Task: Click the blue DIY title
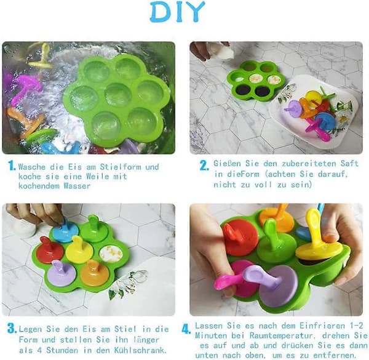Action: [178, 12]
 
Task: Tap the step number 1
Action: [12, 166]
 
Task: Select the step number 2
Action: [204, 166]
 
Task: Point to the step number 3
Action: [12, 328]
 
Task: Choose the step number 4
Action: [186, 329]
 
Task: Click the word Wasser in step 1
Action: [77, 186]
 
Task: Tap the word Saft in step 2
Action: [349, 164]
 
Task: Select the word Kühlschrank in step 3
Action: [140, 350]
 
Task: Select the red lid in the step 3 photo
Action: [49, 249]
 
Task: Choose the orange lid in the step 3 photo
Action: [95, 273]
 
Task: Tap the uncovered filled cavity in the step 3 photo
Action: [111, 254]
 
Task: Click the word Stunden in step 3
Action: [61, 350]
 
